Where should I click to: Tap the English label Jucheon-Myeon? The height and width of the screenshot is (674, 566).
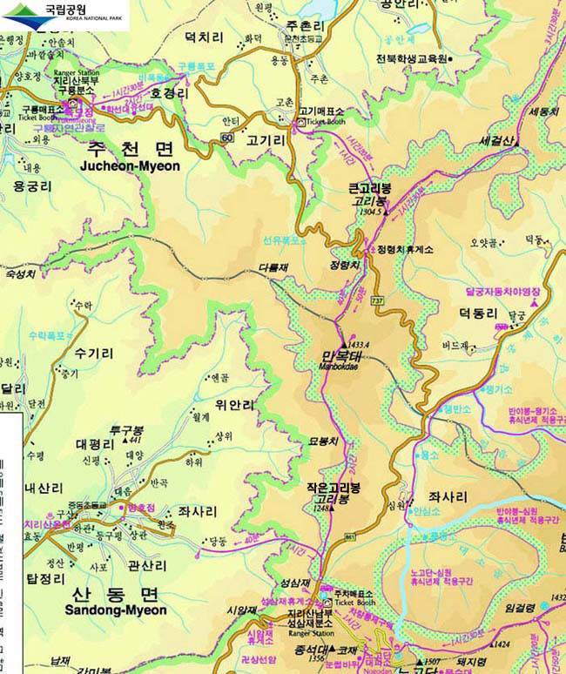click(x=130, y=165)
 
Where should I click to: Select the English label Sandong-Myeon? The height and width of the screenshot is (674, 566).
click(x=116, y=610)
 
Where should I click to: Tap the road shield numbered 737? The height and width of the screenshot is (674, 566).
click(x=377, y=300)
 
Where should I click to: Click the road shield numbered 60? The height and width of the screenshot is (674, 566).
click(x=226, y=138)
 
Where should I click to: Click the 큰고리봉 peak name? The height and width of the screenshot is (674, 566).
click(x=369, y=188)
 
